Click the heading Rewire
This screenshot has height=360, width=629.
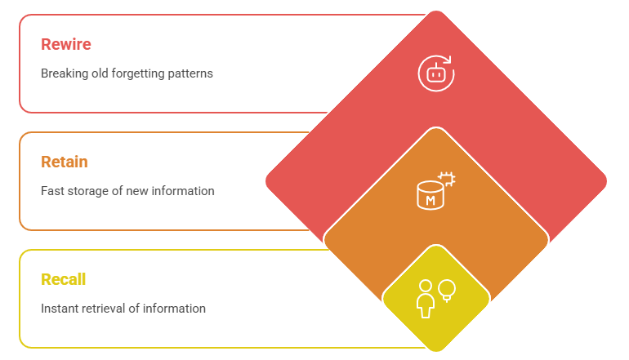[66, 44]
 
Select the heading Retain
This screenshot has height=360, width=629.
[65, 162]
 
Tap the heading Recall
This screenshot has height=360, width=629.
[64, 279]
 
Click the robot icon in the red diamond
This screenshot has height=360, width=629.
[435, 74]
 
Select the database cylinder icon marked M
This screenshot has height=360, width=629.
[430, 195]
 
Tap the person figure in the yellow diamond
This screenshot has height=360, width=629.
[426, 299]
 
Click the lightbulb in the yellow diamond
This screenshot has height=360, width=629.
[447, 291]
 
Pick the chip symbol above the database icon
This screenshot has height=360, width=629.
[447, 179]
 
